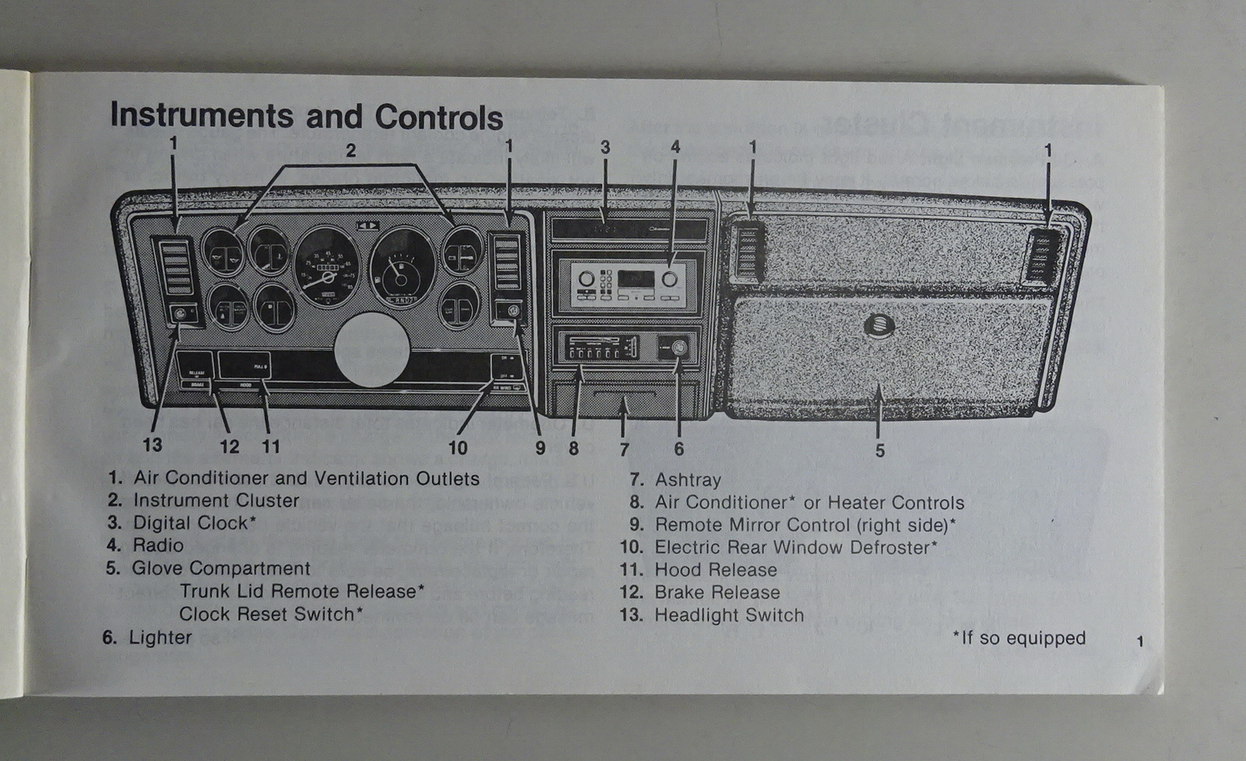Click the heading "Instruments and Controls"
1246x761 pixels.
tap(306, 117)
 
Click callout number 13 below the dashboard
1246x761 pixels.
tap(153, 445)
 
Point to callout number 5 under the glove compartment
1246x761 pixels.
tap(879, 450)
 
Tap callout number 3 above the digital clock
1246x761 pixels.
tap(604, 147)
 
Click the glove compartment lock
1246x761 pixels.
tap(879, 326)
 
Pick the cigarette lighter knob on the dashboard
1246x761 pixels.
tap(674, 348)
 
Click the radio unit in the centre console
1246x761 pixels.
tap(628, 281)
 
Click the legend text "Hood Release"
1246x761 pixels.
tap(715, 570)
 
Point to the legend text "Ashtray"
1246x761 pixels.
tap(688, 480)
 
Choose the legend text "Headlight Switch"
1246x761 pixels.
tap(728, 615)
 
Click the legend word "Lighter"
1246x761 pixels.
tap(160, 637)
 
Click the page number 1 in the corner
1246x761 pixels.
tap(1140, 642)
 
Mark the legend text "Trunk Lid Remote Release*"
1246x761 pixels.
tap(302, 591)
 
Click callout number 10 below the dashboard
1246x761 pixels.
tap(458, 447)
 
